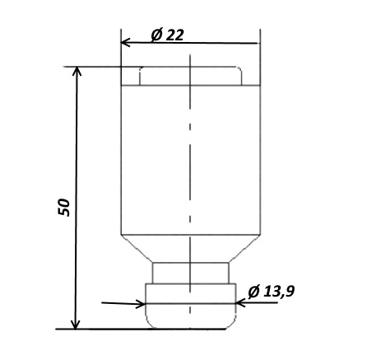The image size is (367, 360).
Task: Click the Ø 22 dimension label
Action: (x=167, y=35)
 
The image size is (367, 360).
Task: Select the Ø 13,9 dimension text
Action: (x=272, y=292)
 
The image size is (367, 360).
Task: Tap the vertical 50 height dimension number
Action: (x=64, y=207)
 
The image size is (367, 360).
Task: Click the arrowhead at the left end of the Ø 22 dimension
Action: (x=125, y=43)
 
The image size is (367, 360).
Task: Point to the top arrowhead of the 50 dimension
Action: (x=77, y=71)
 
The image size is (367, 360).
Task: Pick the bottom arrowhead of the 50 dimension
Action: (x=76, y=325)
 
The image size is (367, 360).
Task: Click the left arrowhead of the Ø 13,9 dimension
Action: (x=141, y=304)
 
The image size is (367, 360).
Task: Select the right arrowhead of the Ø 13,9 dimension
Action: (x=240, y=303)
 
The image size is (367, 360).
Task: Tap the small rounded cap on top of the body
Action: (x=191, y=76)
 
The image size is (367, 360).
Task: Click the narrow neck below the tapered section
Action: (x=191, y=273)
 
